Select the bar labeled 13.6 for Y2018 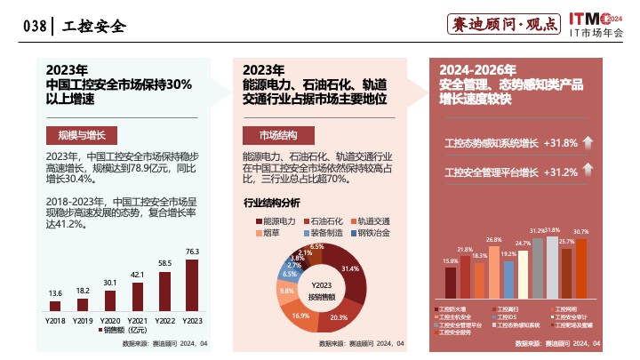click(55, 306)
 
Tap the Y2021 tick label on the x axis click(137, 319)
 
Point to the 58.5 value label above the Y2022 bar click(164, 263)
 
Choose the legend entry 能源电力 click(275, 220)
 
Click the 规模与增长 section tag click(76, 135)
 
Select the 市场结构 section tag click(277, 135)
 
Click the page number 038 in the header click(34, 27)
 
